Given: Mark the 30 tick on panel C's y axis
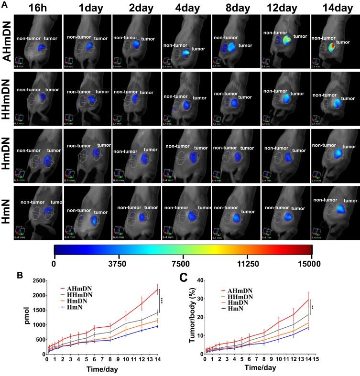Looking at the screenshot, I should point(207,299).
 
